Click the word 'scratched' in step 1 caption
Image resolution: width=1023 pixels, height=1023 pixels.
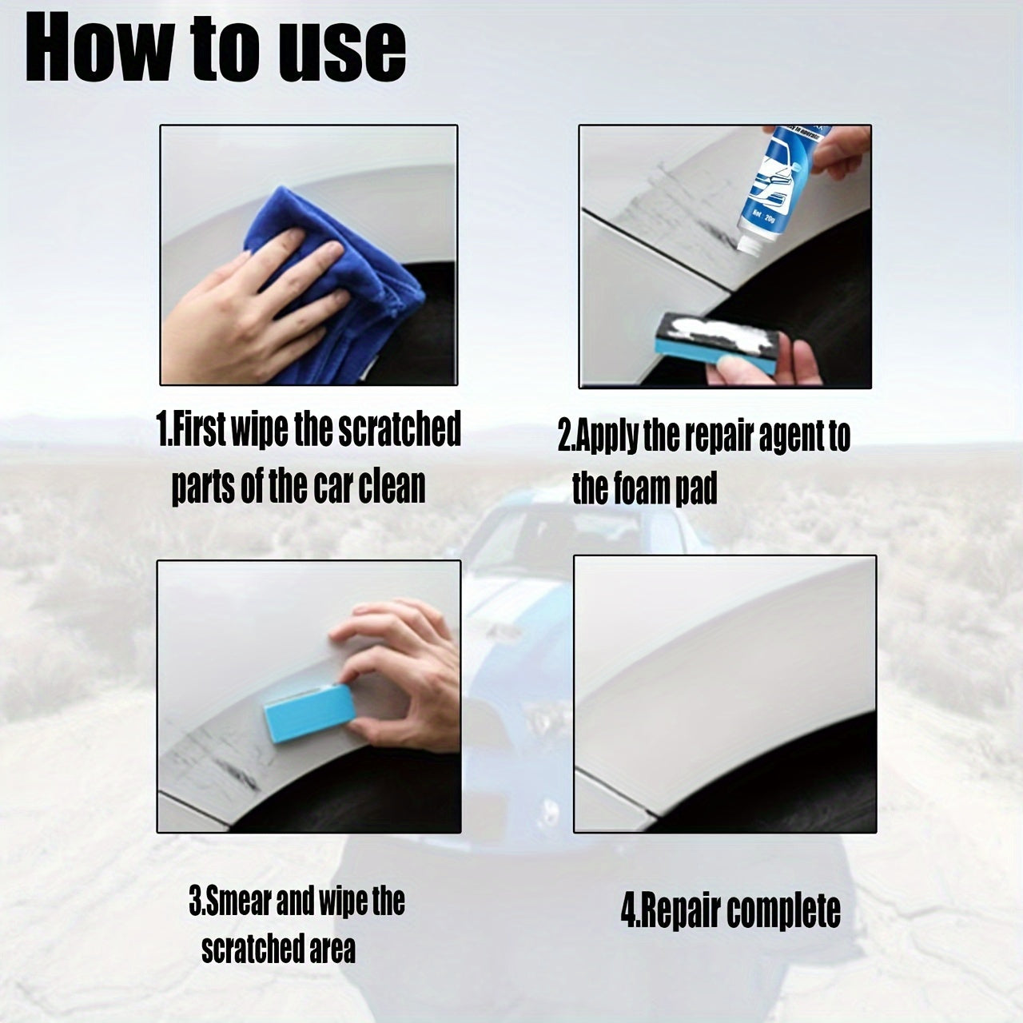coord(400,430)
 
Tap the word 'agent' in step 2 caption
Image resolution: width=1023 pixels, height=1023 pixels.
coord(778,436)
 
